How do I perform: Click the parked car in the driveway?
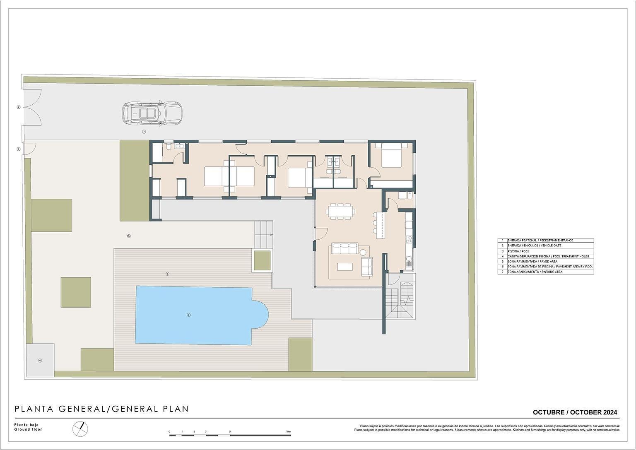click(152, 113)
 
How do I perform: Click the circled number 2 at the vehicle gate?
click(18, 107)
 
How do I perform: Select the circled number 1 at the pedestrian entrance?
click(18, 149)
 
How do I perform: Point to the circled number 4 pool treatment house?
click(40, 361)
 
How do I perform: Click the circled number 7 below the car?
click(144, 132)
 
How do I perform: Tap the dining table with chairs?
click(340, 212)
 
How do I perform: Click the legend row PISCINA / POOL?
click(546, 251)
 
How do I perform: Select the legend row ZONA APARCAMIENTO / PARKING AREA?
click(546, 272)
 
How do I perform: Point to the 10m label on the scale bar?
click(288, 432)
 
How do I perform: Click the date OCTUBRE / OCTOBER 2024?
click(575, 412)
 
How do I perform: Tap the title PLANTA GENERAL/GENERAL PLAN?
click(102, 409)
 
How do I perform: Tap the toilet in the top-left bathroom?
click(169, 147)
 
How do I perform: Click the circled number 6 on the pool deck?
click(167, 274)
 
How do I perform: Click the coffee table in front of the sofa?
click(345, 267)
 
